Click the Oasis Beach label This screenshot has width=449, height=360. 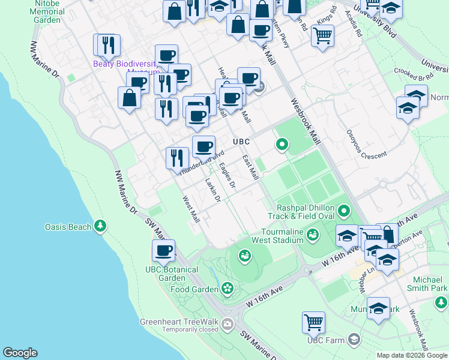coord(68,227)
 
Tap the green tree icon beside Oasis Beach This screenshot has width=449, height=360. coord(101,226)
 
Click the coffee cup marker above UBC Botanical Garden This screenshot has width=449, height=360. coord(163,250)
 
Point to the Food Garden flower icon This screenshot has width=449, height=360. coord(228,289)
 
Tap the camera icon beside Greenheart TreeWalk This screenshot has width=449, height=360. coord(228,325)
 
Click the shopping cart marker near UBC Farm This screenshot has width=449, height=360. coord(313,322)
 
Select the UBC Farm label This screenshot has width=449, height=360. coord(327,340)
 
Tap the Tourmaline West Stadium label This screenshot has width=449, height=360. coord(282,236)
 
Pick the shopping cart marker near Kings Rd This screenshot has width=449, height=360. coord(322,36)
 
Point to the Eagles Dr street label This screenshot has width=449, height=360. coord(228,176)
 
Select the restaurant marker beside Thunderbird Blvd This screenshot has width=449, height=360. coord(176,158)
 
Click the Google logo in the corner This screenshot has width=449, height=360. coord(20,353)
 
